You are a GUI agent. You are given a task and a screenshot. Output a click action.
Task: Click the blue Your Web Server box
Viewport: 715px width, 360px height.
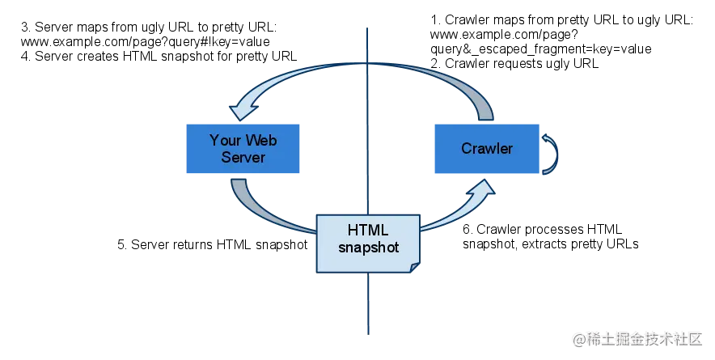(243, 148)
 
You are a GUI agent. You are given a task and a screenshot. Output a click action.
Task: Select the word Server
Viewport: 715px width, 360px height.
(243, 157)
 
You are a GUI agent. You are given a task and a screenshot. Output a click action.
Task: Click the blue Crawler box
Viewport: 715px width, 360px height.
(486, 148)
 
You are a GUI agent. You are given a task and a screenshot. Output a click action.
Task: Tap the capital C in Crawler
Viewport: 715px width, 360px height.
(467, 148)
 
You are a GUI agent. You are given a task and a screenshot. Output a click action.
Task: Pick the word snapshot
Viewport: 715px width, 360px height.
(368, 248)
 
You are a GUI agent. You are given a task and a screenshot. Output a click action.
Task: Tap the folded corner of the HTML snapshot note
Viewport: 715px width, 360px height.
(415, 266)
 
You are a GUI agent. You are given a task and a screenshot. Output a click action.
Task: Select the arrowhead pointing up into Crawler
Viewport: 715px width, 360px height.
(483, 191)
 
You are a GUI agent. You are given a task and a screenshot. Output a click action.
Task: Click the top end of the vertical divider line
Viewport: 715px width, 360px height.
(368, 29)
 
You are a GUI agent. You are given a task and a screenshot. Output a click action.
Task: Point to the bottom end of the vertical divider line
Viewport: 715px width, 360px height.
(368, 332)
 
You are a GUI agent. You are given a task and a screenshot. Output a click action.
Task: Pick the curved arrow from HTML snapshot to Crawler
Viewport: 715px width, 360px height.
(453, 214)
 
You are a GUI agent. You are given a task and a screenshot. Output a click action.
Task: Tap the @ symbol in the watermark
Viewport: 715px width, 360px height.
(578, 338)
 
